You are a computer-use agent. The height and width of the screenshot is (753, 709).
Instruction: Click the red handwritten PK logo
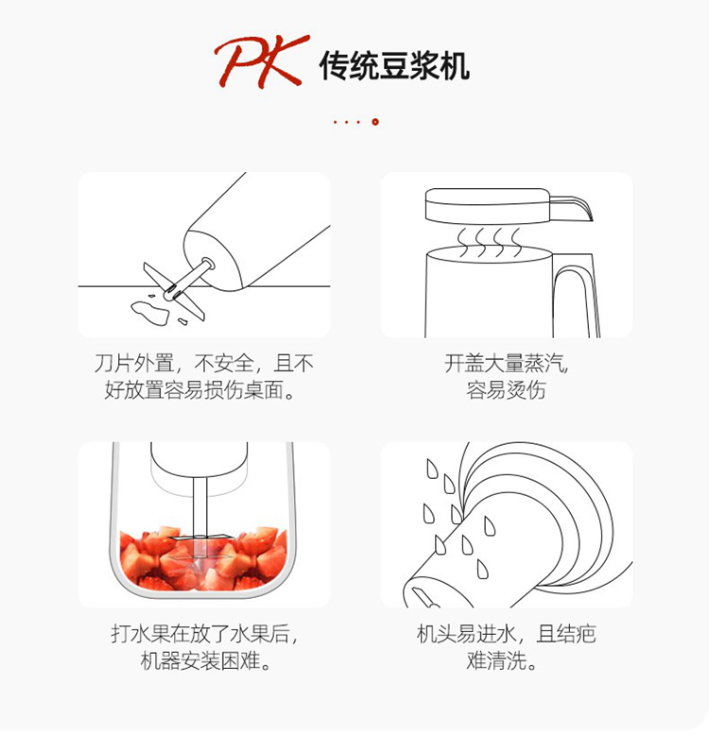pos(262,61)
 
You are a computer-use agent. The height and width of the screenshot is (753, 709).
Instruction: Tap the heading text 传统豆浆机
pos(394,65)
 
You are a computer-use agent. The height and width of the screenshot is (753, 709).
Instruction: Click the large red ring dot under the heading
pos(375,122)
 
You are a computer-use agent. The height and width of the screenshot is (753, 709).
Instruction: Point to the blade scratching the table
pos(174,291)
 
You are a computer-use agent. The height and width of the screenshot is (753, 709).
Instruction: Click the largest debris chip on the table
pos(149,313)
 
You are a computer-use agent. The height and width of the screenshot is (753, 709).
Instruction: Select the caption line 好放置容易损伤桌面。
pos(199,390)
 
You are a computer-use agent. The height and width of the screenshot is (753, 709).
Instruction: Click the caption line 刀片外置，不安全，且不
pos(203,363)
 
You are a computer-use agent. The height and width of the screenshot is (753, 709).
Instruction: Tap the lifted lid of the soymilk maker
pos(488,206)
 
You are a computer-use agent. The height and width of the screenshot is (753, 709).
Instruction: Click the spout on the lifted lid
pos(572,208)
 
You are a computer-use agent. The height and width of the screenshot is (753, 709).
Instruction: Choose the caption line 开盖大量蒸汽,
pos(507,363)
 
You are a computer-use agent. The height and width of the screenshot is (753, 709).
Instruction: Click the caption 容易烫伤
pos(506,390)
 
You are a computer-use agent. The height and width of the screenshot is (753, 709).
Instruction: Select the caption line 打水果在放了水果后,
pos(204,634)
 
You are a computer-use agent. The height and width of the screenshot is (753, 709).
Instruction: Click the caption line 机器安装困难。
pos(205,661)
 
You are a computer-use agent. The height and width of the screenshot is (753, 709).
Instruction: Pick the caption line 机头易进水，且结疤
pos(507,634)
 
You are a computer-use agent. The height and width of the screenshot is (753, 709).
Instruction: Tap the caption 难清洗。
pos(501,661)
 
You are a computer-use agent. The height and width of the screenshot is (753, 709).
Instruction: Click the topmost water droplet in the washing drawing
pos(433,469)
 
